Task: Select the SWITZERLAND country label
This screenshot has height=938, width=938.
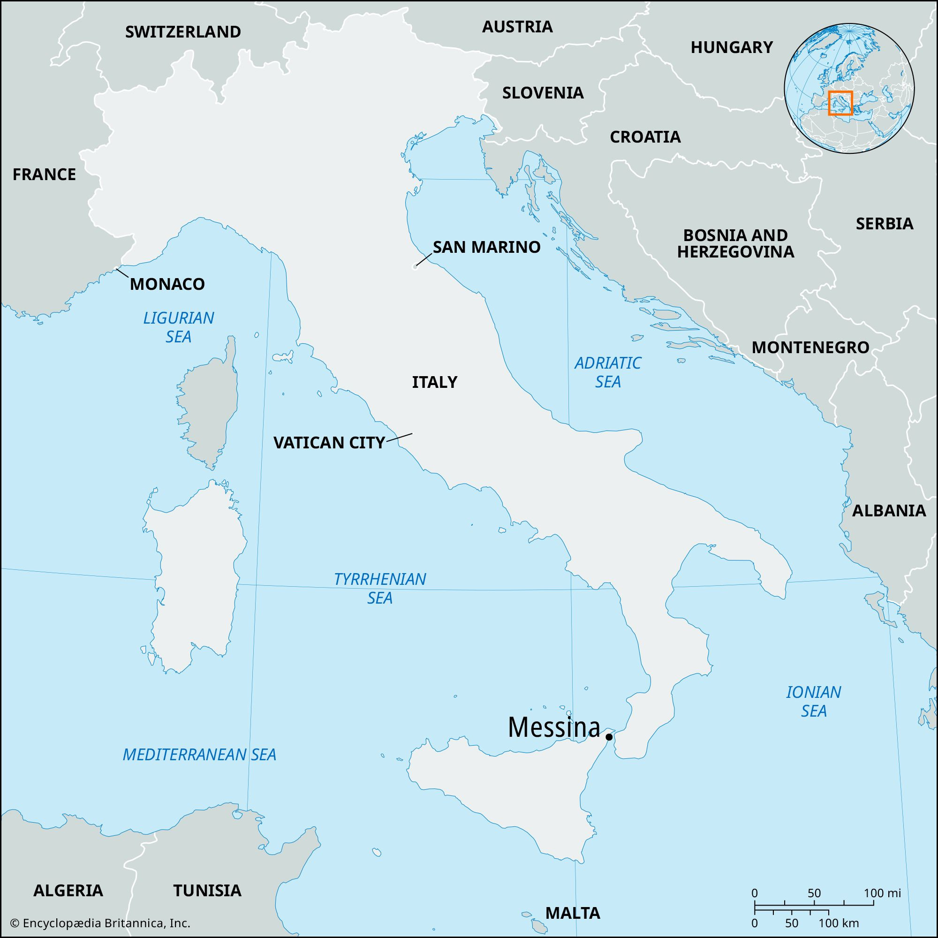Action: pos(183,32)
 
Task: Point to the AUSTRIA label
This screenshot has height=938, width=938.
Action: pos(517,27)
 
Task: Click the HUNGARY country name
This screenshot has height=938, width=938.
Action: pos(732,47)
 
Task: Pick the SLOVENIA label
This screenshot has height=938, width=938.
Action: pos(543,93)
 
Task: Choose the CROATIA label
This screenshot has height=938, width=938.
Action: pos(645,137)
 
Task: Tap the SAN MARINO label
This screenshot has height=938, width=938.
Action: pos(486,247)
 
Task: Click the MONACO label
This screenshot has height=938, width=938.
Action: pos(167,284)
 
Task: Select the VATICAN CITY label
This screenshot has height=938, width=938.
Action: pos(329,443)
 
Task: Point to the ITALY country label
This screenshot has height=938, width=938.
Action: pos(435,382)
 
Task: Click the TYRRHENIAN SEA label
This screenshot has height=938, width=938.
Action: pos(380,588)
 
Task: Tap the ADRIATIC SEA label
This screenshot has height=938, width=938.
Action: pos(608,372)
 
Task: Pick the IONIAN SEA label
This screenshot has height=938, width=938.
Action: pos(813,702)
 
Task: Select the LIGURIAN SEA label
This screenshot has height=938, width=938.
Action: pos(178,327)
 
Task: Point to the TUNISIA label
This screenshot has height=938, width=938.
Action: pos(207,891)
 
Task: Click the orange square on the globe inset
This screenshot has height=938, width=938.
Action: pos(840,103)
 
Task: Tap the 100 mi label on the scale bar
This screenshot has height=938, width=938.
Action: pos(882,893)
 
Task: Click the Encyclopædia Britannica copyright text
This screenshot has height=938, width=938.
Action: pos(100,923)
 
